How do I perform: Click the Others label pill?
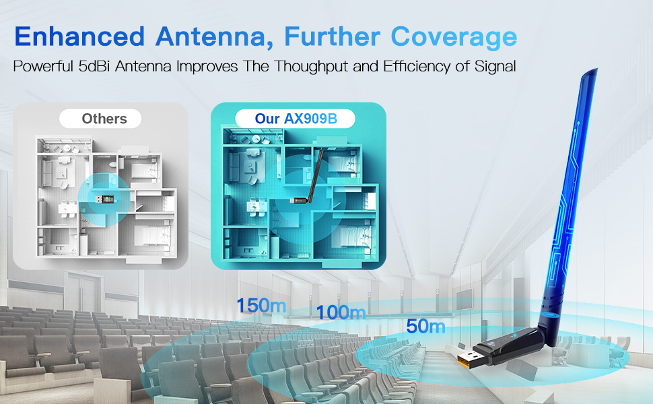(104, 119)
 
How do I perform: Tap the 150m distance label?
(261, 305)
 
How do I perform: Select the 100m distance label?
(341, 312)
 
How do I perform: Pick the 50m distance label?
(425, 327)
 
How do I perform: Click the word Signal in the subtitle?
(495, 68)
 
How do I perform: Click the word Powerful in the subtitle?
(41, 68)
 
